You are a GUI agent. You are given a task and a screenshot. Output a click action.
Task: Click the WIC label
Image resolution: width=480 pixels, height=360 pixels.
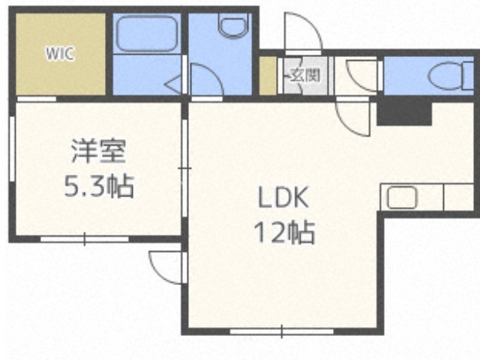(x=60, y=53)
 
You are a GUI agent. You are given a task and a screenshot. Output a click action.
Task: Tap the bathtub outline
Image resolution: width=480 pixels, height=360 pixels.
(x=147, y=34)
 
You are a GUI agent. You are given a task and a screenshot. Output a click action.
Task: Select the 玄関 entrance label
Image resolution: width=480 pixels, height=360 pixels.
(x=305, y=75)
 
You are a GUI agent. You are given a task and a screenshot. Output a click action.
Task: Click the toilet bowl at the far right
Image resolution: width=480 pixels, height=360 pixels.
(x=448, y=76)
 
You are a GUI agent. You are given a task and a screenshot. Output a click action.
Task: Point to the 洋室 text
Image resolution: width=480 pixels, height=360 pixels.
(x=98, y=151)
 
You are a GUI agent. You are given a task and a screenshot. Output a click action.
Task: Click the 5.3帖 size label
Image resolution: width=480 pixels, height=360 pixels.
(x=98, y=186)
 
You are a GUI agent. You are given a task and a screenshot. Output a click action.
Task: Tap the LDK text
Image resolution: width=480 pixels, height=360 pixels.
(x=283, y=197)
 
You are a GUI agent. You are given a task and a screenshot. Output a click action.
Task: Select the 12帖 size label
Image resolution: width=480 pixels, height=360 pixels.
(x=284, y=232)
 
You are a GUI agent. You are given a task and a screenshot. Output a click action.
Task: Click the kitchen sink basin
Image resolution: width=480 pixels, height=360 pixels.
(x=402, y=197)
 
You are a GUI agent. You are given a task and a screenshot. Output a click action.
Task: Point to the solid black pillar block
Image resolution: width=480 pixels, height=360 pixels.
(x=404, y=113)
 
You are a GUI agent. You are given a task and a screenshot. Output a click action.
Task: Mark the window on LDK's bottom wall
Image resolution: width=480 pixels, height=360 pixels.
(x=282, y=331)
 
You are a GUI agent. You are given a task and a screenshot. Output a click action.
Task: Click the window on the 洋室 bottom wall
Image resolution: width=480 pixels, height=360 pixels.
(x=85, y=238)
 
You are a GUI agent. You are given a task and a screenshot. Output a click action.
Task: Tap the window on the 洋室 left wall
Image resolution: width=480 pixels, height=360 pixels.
(x=12, y=148)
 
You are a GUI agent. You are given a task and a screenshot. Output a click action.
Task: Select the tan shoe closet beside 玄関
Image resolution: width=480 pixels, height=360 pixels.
(x=268, y=76)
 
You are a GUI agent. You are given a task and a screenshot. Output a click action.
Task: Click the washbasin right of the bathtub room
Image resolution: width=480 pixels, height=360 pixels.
(x=232, y=27)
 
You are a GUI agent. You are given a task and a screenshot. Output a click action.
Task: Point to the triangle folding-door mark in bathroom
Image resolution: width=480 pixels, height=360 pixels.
(x=174, y=83)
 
